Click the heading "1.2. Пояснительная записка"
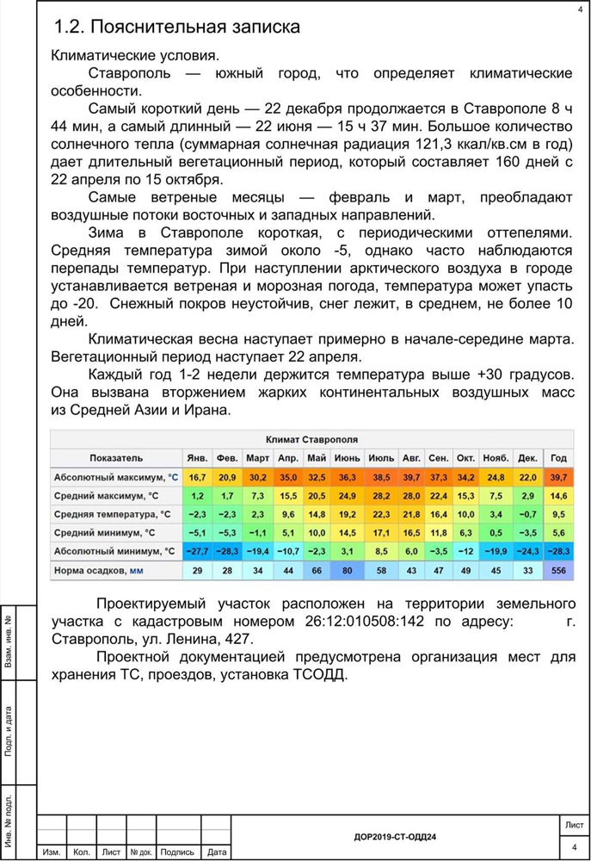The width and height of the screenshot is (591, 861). [176, 27]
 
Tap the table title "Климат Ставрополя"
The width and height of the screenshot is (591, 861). [312, 439]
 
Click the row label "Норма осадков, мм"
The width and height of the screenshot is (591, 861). [99, 571]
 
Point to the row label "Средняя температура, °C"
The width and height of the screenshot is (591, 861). [112, 514]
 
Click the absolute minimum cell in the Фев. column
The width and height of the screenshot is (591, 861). [227, 551]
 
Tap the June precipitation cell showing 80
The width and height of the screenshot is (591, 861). [347, 571]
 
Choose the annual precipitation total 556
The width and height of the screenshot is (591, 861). [558, 571]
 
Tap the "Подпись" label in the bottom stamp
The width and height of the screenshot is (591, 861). [177, 852]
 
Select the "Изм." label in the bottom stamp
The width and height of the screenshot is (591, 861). [52, 852]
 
